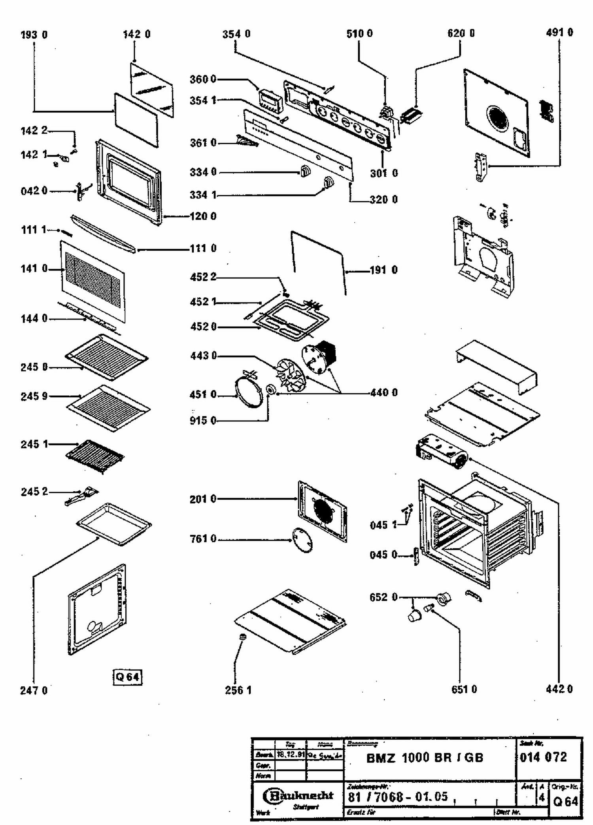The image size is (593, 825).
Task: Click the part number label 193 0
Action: pos(34,35)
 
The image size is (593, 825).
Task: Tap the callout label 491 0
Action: pos(559,32)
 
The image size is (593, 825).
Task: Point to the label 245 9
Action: pos(34,396)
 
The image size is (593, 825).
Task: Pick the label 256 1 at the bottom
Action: pos(238,690)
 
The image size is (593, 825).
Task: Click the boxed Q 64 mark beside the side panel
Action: pos(127,677)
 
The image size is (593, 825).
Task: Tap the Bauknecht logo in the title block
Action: pos(298,795)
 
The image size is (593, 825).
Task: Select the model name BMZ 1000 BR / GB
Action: pos(425,758)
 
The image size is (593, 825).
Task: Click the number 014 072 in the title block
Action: pos(544,757)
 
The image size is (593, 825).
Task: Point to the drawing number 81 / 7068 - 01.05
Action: pos(398,797)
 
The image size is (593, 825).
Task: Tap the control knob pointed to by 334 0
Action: pos(304,172)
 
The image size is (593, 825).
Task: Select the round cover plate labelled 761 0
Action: pos(302,540)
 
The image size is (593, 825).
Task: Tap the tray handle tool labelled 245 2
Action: pos(81,496)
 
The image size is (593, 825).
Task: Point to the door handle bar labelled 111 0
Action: pos(103,234)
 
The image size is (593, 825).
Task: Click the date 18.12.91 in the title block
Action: pos(291,755)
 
